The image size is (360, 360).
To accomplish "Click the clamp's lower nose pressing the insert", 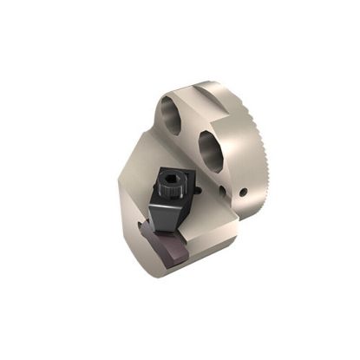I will [x=182, y=230].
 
